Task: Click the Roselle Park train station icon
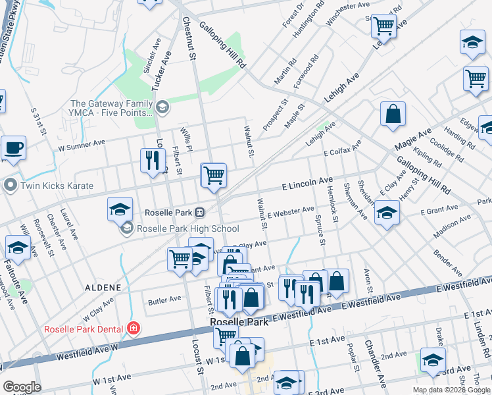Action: [199, 213]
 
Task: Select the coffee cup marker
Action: [13, 147]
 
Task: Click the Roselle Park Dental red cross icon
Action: [134, 328]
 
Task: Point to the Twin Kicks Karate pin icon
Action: [9, 186]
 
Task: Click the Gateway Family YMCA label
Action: [111, 108]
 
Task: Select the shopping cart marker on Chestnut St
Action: [214, 175]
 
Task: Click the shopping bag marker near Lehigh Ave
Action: [393, 114]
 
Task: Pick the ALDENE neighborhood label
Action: [103, 288]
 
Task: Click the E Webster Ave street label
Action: [291, 212]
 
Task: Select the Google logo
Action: [22, 387]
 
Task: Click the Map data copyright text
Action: [452, 390]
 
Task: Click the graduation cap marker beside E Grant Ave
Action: [387, 213]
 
